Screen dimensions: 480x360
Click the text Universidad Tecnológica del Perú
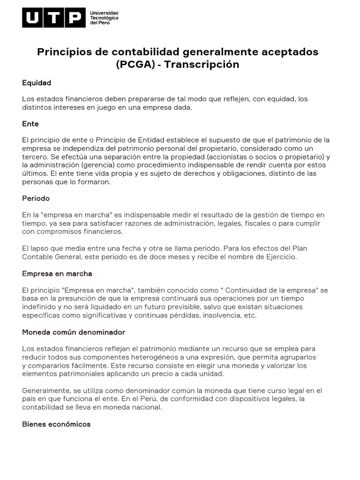click(x=104, y=18)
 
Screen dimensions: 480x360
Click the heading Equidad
click(x=37, y=83)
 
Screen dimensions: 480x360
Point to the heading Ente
click(x=30, y=124)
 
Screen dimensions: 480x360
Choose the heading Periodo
click(x=36, y=199)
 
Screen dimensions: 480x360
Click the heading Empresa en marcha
click(x=57, y=273)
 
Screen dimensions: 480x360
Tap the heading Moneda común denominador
click(x=74, y=332)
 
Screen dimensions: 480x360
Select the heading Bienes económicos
click(x=56, y=424)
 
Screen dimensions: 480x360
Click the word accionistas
click(x=226, y=157)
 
